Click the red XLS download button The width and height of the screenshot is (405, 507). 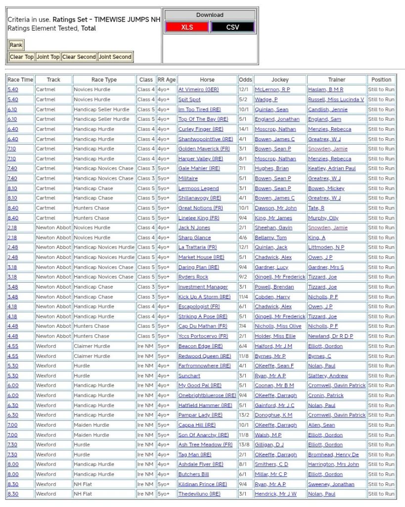tap(187, 27)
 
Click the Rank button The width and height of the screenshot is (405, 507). tap(16, 45)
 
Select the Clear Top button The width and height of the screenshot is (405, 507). tap(22, 57)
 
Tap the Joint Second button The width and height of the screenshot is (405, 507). tap(115, 57)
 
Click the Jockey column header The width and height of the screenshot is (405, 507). tap(280, 80)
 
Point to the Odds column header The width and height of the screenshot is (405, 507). tap(245, 80)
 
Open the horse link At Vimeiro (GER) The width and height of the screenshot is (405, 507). tap(198, 90)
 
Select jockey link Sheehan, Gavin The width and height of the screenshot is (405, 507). tap(273, 228)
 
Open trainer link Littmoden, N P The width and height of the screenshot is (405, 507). tap(326, 247)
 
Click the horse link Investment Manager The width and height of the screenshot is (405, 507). tap(203, 287)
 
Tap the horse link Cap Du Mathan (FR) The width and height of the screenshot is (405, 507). tap(203, 326)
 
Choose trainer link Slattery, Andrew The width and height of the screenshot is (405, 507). tap(328, 376)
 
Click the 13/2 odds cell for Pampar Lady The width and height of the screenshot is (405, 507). tap(245, 415)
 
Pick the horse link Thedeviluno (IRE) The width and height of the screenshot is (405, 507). tap(199, 494)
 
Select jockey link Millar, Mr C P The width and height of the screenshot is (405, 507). tap(270, 474)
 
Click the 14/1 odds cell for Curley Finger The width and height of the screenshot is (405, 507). tap(245, 129)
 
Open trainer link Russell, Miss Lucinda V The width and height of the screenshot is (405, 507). tap(336, 100)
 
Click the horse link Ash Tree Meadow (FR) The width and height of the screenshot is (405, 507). tap(205, 445)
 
